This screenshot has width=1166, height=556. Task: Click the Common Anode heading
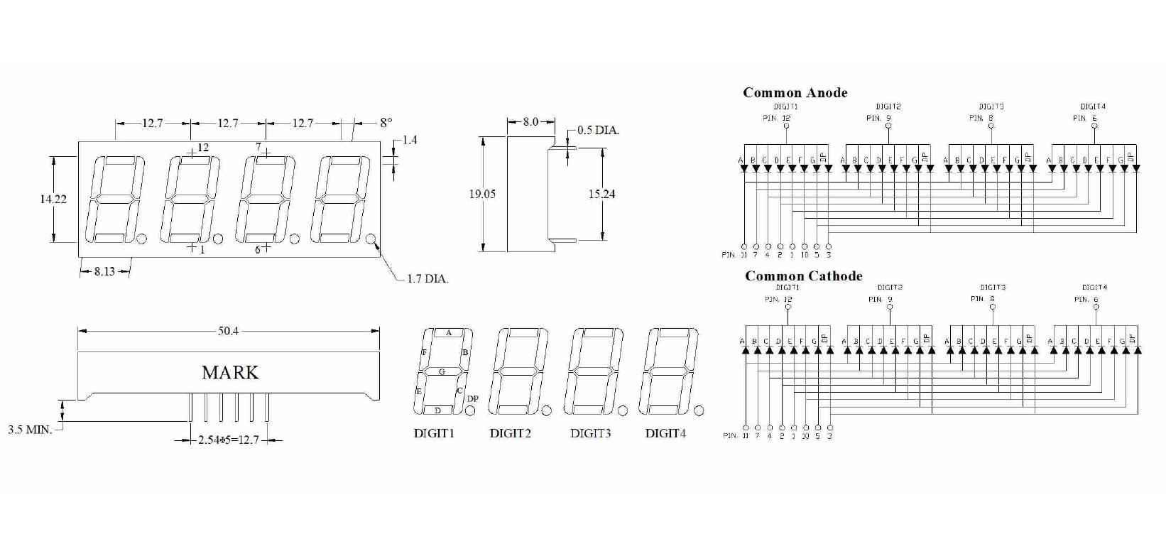[795, 92]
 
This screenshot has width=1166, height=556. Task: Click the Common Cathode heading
[803, 276]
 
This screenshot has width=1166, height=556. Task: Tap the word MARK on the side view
[230, 373]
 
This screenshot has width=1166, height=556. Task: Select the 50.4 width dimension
[228, 331]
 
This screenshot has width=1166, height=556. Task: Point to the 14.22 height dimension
[53, 200]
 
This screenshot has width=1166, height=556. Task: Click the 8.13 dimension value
[104, 271]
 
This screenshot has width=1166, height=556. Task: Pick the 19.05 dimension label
[482, 194]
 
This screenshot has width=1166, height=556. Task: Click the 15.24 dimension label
[601, 194]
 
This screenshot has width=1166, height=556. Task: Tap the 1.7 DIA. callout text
[427, 279]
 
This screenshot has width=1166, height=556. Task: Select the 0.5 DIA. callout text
[598, 131]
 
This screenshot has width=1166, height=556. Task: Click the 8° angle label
[386, 123]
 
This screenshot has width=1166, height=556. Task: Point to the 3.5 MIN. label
[30, 430]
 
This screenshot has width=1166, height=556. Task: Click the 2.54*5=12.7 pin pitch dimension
[229, 440]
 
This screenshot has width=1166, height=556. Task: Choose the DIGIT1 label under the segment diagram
[434, 433]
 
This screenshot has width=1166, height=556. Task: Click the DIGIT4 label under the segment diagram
[665, 433]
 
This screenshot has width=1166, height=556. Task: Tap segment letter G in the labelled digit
[442, 371]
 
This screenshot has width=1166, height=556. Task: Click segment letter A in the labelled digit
[449, 333]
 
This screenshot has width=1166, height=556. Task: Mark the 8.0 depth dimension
[530, 122]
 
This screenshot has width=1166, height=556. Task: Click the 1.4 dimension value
[410, 140]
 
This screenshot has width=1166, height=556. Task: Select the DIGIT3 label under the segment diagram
[590, 433]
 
